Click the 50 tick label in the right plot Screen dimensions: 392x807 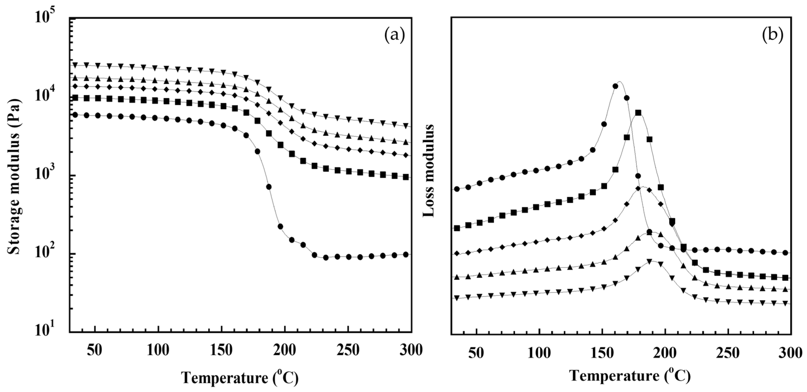click(476, 353)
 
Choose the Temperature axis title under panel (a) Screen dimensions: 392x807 click(240, 378)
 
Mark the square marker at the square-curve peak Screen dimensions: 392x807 click(638, 113)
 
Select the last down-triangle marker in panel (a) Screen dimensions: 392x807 click(406, 126)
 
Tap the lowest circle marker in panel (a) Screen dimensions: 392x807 click(326, 257)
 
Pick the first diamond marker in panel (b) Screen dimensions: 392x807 click(457, 253)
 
